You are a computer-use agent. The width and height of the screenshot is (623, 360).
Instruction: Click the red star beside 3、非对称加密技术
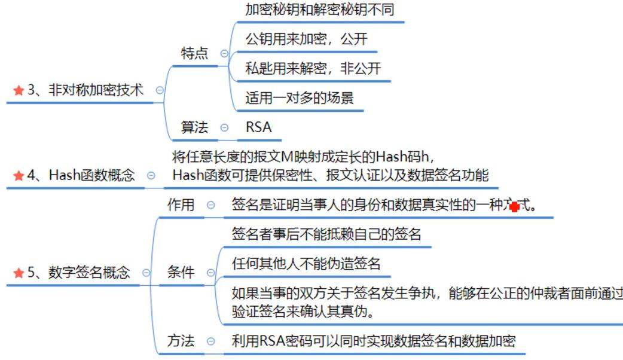pos(18,90)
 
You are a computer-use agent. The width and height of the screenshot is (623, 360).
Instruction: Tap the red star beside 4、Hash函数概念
pos(18,175)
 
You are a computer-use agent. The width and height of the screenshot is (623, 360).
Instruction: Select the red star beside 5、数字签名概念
pos(18,273)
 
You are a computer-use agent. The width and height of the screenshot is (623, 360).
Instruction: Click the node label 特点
pos(194,53)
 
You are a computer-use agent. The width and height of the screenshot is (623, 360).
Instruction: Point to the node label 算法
pos(194,127)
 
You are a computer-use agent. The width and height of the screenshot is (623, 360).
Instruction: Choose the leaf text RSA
pos(258,127)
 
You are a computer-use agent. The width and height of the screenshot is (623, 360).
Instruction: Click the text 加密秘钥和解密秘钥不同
pos(320,10)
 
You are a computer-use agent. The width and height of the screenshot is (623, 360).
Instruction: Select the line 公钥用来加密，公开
pos(306,39)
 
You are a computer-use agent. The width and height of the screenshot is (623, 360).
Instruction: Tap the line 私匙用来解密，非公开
pos(313,68)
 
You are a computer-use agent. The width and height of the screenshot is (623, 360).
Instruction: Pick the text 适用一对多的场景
pos(300,97)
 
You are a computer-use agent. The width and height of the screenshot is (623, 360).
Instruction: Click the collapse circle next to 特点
pos(224,53)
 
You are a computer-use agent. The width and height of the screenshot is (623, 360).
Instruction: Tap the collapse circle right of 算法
pos(224,127)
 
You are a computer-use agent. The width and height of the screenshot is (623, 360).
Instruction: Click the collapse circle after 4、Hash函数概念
pos(151,176)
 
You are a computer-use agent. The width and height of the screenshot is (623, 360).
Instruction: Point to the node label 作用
pos(181,205)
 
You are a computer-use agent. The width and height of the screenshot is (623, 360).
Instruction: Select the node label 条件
pos(181,273)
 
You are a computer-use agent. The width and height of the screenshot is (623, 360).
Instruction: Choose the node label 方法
pos(181,341)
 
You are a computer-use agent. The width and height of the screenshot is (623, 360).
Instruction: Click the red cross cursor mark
pos(514,206)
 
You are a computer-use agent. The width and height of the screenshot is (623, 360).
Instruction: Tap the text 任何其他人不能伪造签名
pos(306,263)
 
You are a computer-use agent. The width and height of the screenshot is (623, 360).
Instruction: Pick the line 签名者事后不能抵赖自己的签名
pos(326,234)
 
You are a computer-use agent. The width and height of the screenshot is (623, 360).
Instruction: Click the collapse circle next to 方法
pos(210,342)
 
